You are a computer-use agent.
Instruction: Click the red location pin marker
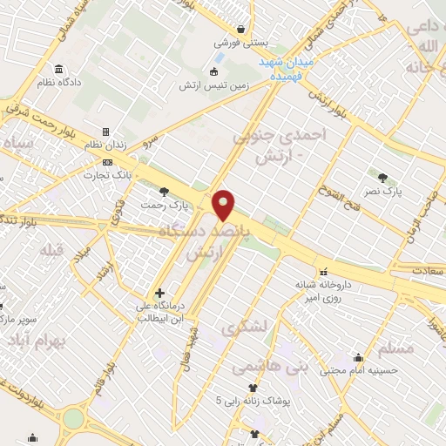point(224,205)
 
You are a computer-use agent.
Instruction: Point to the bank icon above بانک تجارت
point(109,162)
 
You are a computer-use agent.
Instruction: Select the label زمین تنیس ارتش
point(214,85)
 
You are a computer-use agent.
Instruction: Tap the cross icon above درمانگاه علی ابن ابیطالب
point(159,293)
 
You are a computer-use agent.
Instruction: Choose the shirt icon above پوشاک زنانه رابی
point(253,388)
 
